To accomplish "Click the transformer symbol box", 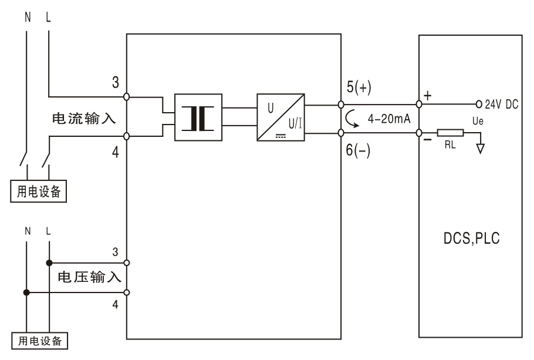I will coord(198,117).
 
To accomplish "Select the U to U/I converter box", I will coord(280,117).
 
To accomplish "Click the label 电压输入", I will coord(89,277).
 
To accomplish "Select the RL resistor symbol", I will coord(451,133).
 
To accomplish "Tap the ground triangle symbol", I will coord(481,148).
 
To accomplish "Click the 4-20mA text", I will coord(390,119).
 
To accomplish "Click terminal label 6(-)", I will coord(360,150).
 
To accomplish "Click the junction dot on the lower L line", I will coord(49,263).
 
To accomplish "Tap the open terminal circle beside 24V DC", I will coord(479,104).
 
